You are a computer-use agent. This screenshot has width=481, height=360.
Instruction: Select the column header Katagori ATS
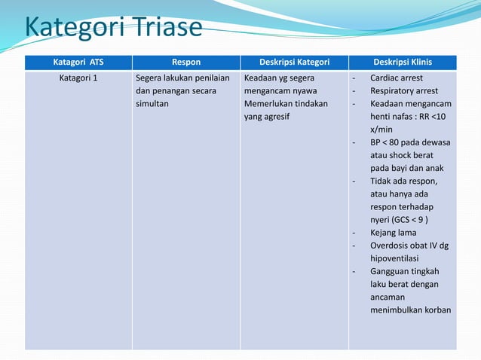coord(78,62)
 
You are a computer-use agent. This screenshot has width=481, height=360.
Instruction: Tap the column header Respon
coord(186,62)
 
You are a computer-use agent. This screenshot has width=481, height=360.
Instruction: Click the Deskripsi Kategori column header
coord(294,62)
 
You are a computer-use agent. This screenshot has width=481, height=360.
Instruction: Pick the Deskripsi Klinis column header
coord(403,62)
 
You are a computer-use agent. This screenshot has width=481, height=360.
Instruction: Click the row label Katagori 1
coord(78,78)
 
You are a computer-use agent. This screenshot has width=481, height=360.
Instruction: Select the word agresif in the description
coord(278,117)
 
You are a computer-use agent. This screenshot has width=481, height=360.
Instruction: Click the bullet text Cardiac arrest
coord(397,78)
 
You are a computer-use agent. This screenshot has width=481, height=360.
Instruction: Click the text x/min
coord(382,130)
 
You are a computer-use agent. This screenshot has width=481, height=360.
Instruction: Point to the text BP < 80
coord(386,142)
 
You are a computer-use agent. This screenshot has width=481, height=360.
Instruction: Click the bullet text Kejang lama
coord(393,232)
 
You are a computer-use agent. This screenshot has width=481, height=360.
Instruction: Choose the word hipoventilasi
coord(396,258)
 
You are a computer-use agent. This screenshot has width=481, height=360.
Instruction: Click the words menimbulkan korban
coord(410,310)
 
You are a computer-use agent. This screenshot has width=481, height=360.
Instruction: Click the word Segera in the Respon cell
coord(149,78)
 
